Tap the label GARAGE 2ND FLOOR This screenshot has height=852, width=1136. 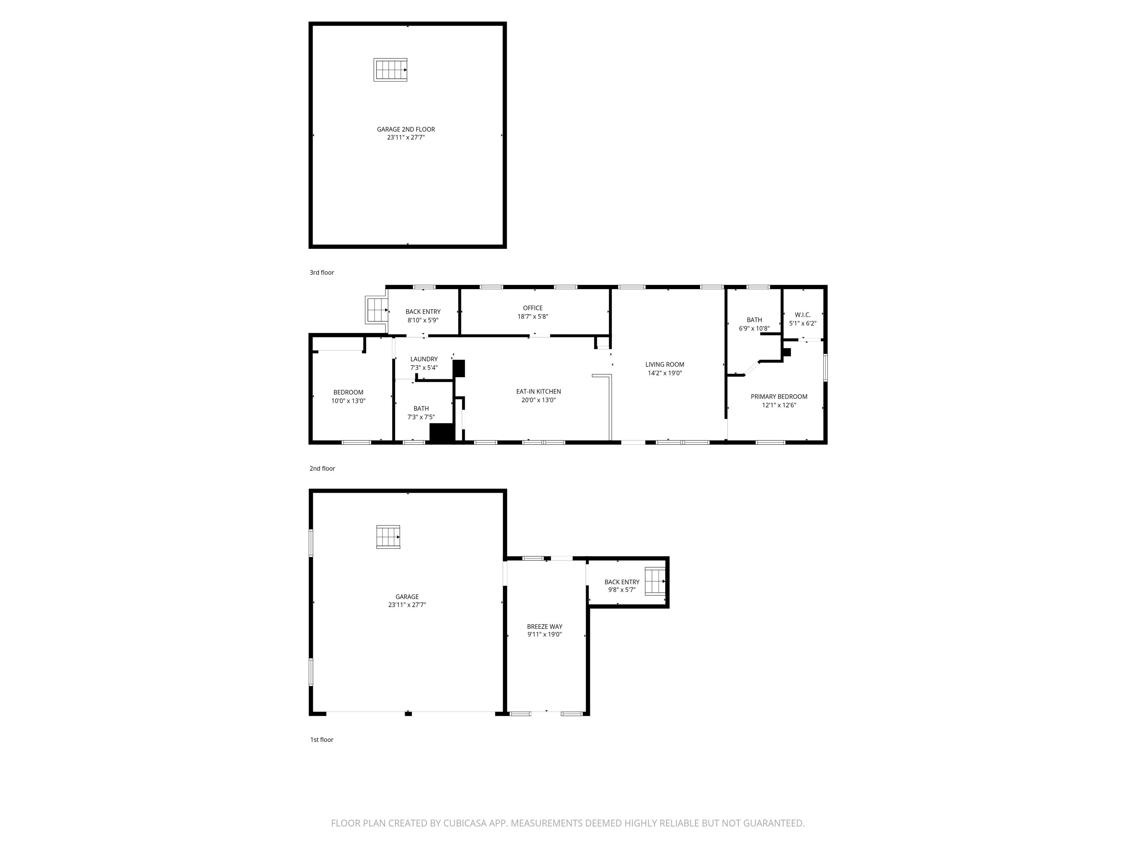tap(406, 129)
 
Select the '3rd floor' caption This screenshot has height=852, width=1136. tap(321, 273)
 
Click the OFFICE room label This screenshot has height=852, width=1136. tap(532, 308)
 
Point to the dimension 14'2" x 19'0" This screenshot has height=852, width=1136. tap(665, 373)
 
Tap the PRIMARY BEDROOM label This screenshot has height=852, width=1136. tap(778, 396)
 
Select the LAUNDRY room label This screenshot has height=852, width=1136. tap(424, 359)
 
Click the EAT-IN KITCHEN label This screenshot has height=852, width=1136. tap(538, 391)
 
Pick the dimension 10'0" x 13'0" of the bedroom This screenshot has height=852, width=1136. tap(348, 401)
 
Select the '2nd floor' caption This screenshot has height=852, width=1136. tap(322, 469)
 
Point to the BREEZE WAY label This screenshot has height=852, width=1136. tap(544, 626)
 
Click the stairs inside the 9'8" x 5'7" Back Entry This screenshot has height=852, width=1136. tap(655, 581)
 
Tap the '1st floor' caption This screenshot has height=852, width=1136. tap(321, 740)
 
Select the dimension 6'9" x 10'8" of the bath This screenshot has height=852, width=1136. tap(754, 329)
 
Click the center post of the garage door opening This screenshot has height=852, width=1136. tap(408, 713)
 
